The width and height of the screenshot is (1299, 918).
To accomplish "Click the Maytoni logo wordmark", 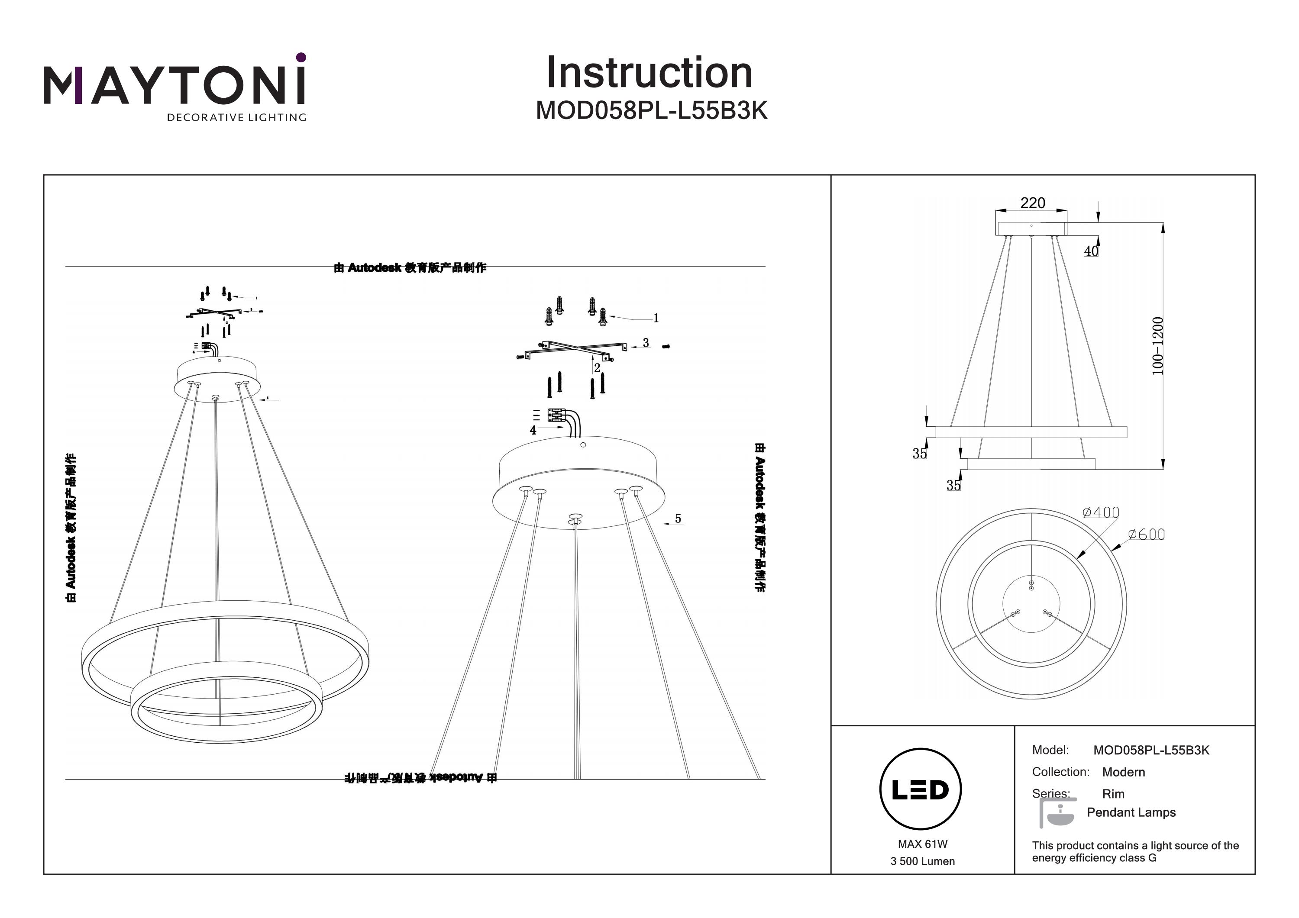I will pos(174,85).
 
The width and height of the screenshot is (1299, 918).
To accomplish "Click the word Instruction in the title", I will pos(649,73).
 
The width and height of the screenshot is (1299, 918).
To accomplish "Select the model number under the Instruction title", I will pos(651,111).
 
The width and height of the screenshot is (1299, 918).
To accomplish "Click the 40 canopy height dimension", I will pos(1091,251).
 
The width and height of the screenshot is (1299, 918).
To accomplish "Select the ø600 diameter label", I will pos(1146,535).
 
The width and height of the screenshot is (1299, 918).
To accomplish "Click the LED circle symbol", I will pos(921,789).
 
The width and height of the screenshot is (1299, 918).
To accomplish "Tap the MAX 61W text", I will pos(922,844).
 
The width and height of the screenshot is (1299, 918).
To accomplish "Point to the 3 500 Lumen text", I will pos(922,861).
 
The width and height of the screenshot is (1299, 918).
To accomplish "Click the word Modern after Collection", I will pos(1123,772).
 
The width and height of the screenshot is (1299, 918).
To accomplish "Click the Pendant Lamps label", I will pos(1131,812).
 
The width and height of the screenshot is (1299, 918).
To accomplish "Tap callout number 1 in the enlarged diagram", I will pos(656,319).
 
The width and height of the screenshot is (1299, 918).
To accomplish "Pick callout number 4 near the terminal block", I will pos(533,431).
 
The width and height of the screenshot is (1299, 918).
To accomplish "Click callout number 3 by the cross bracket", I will pos(646,343).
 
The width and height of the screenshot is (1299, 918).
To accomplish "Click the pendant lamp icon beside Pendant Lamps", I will pos(1056,813).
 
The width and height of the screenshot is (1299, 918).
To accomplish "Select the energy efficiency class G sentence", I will pos(1135,852).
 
